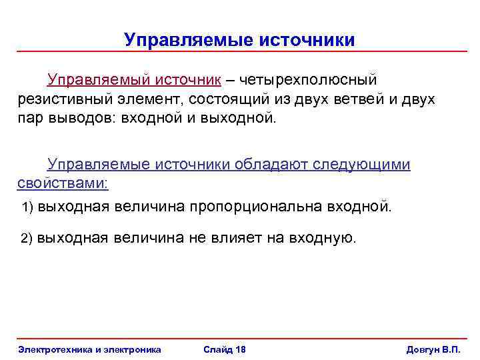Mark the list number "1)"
point(28,207)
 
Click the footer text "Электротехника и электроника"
point(89,350)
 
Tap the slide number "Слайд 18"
point(225,350)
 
